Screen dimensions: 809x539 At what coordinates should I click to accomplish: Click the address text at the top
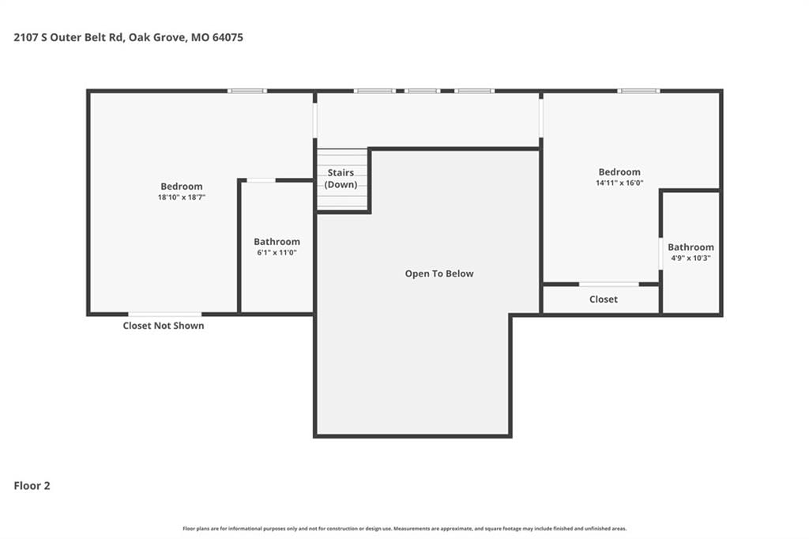[129, 38]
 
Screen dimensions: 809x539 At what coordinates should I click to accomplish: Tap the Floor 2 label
[32, 486]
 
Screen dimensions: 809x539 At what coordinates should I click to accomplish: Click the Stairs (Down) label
[341, 179]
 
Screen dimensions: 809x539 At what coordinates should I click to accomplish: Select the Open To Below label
[439, 273]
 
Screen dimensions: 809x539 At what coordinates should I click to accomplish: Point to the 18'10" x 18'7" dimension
[182, 198]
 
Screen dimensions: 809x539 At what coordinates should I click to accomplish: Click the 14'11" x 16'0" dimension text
[619, 183]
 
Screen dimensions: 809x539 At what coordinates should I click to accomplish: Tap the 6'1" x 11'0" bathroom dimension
[277, 252]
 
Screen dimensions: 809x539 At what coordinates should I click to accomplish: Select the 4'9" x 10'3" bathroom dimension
[690, 258]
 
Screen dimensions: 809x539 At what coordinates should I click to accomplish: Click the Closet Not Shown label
[164, 326]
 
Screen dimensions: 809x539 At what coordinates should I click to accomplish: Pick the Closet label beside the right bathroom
[604, 300]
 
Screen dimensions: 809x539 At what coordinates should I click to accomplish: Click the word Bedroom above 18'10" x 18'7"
[182, 187]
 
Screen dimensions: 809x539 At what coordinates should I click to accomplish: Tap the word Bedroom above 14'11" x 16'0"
[619, 172]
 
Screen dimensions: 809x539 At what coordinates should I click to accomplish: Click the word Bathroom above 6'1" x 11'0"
[277, 242]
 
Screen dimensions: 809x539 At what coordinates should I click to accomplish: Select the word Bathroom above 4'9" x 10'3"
[690, 247]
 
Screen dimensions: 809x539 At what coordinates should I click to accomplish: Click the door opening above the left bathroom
[261, 180]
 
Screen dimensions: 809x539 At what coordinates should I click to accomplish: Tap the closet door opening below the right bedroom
[609, 285]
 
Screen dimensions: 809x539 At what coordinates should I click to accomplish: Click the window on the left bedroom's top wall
[247, 92]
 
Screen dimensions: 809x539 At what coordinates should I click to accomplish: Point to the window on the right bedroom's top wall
[638, 92]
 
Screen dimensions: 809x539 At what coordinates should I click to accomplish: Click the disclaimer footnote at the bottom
[404, 529]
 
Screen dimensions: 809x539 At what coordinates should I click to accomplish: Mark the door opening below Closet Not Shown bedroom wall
[164, 314]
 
